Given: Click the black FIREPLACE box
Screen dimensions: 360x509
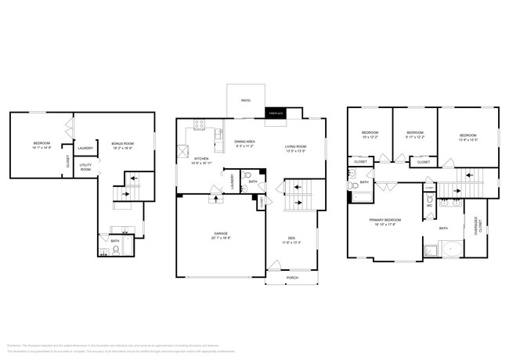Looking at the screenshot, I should coord(276,113).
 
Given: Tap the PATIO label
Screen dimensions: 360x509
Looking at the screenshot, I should coord(246,100).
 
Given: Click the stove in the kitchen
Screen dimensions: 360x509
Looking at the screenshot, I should coord(199,124).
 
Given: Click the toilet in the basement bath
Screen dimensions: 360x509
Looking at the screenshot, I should coord(116,250).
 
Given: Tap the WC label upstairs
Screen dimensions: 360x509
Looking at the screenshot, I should coord(429,207).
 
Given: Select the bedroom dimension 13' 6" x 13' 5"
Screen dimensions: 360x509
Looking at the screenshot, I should coord(468,139).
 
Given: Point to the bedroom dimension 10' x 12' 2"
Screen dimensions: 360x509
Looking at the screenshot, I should coord(370,137).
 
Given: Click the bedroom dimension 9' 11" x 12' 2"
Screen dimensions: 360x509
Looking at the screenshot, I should coord(414,137).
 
